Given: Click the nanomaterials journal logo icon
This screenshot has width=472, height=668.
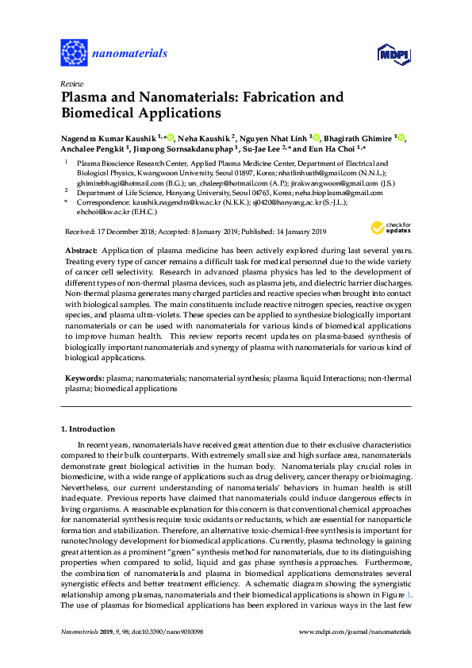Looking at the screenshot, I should coord(75,53).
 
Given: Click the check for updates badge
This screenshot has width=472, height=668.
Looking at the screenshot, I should coord(388,228).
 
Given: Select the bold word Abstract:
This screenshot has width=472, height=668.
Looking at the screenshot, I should coord(81,248).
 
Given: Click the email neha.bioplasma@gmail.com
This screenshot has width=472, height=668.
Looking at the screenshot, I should coord(317,193).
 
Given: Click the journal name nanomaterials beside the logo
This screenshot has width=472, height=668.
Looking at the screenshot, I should coord(130,53).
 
